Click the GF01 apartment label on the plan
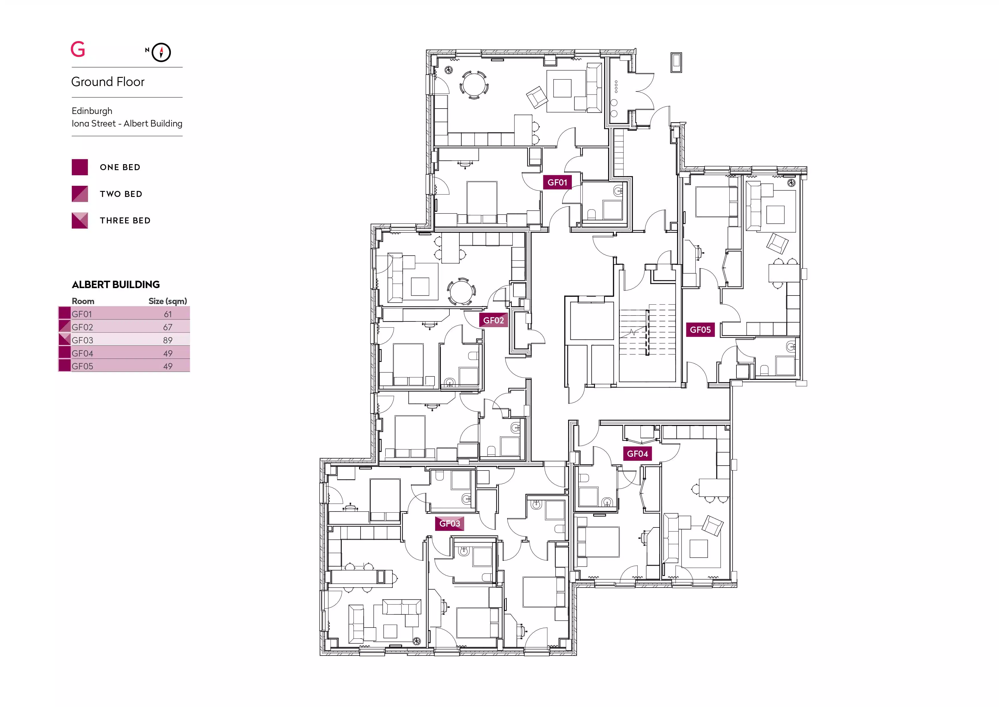557,182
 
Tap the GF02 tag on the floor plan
494,320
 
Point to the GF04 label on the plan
637,454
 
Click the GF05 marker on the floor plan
700,329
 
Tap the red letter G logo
78,49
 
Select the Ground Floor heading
108,82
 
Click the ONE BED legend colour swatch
80,167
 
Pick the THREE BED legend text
125,221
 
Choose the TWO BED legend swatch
80,194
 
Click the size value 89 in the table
168,340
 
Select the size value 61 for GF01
168,314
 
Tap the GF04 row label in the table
82,353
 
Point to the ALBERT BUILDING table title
116,285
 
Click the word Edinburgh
92,111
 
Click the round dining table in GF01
473,84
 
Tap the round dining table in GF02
460,292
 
